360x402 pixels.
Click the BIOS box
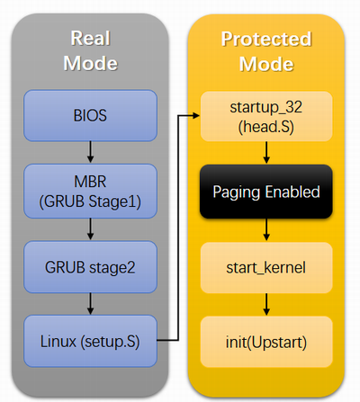point(90,115)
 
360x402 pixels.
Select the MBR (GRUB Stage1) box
point(90,191)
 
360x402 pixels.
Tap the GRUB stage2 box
point(90,267)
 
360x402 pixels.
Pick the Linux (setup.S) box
point(90,341)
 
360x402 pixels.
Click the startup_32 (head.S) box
point(266,116)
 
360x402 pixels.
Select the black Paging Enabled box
point(266,192)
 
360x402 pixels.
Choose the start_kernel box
point(266,268)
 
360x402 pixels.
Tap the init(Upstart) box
point(266,342)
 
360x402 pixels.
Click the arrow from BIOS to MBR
point(90,152)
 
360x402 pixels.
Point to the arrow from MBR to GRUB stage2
point(90,229)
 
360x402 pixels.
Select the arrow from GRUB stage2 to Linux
point(90,304)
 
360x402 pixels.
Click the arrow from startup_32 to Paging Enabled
point(266,153)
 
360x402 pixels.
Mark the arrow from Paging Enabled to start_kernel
point(266,230)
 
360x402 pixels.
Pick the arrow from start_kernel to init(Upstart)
point(266,305)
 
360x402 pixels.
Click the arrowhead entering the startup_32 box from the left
point(196,115)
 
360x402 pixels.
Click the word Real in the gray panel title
point(91,39)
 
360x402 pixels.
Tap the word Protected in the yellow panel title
point(266,39)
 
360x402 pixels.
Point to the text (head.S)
point(266,127)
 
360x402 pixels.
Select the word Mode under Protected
point(266,64)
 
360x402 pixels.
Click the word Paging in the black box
point(236,192)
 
